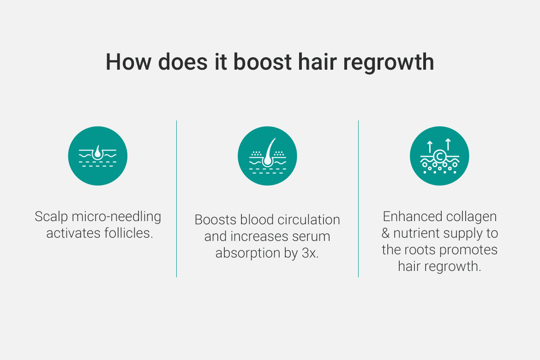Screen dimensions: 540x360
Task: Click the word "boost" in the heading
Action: (263, 62)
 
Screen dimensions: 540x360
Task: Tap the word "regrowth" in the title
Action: (389, 64)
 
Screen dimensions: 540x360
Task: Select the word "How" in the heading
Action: (128, 62)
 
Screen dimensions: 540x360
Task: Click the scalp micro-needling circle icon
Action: (98, 156)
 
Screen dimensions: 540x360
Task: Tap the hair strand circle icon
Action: (267, 156)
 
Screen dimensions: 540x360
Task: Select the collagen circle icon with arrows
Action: (439, 156)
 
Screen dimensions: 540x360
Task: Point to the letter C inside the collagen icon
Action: (439, 156)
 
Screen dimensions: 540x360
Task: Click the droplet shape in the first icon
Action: (98, 151)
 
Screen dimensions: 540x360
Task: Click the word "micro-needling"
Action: (116, 216)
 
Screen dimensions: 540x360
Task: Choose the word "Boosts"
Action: (215, 220)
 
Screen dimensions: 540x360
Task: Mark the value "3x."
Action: (310, 253)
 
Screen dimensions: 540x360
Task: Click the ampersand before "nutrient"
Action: (385, 233)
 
